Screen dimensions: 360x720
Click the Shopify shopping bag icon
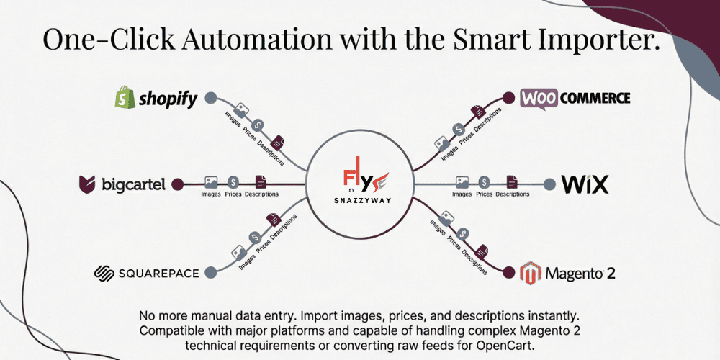click(126, 98)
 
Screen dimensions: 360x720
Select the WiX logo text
click(585, 184)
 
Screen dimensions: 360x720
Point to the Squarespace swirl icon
click(105, 273)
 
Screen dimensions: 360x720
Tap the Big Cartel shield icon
click(88, 184)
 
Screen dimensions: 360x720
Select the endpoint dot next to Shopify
click(210, 98)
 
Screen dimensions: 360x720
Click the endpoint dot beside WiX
click(549, 184)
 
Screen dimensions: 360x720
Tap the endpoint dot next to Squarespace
click(211, 272)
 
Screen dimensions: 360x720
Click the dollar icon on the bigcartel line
click(233, 183)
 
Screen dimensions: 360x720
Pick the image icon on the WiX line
click(462, 182)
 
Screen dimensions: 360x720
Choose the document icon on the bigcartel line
click(260, 183)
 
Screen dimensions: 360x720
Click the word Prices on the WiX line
click(485, 194)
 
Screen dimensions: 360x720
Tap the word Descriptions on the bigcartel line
click(261, 194)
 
